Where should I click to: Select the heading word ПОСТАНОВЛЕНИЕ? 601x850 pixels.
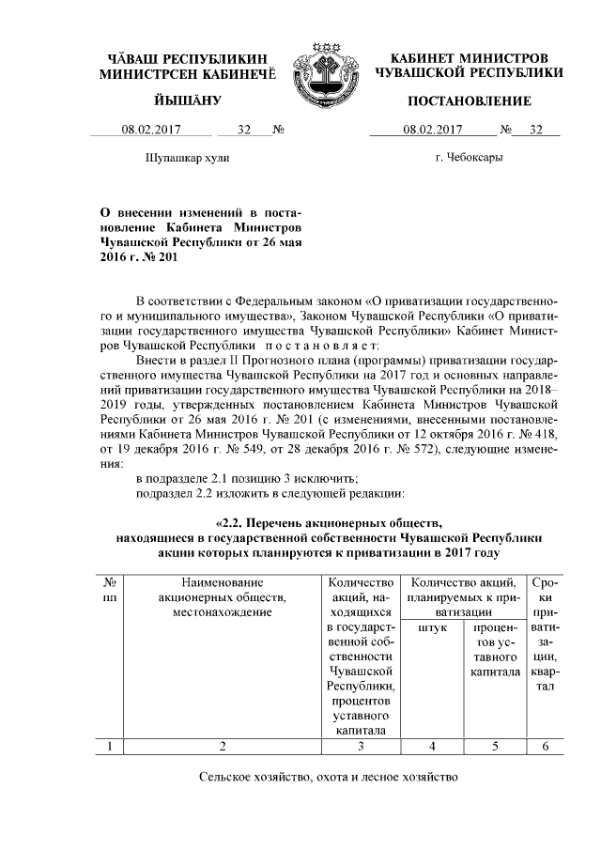tap(469, 100)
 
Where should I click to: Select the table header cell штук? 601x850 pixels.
tap(431, 626)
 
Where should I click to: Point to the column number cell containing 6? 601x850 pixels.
tap(546, 747)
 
